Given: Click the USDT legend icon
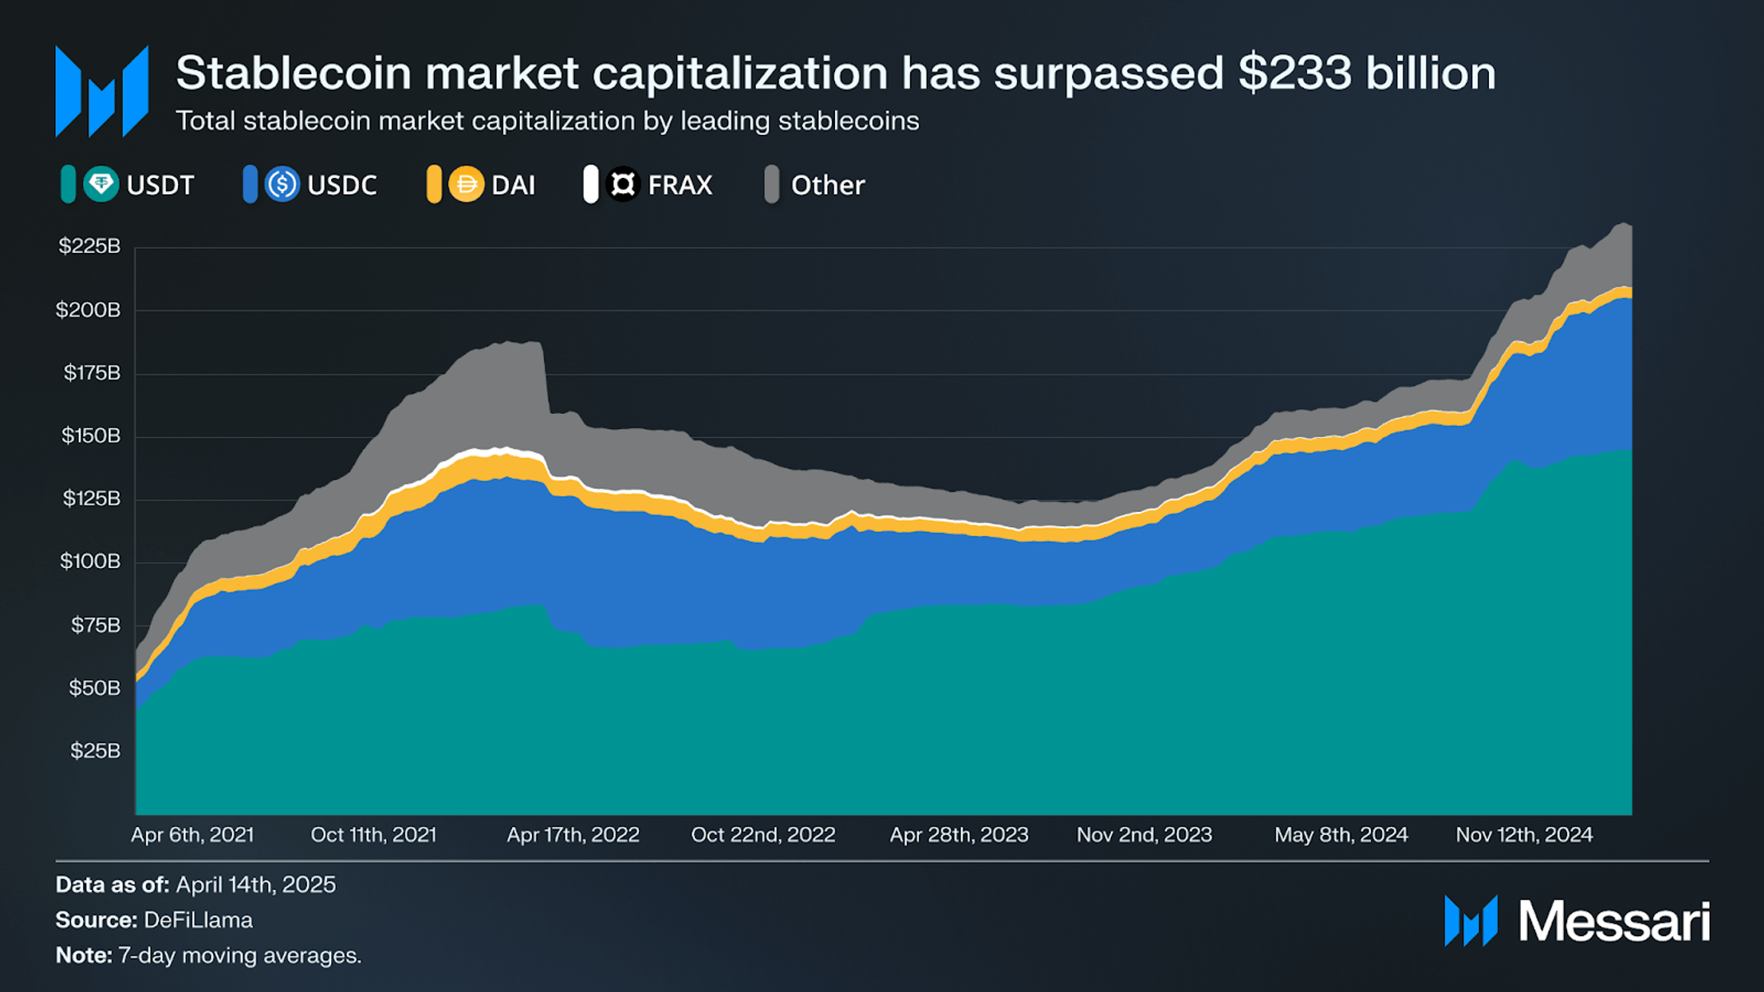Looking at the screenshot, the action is [x=101, y=184].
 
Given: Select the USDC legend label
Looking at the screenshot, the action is [x=342, y=185].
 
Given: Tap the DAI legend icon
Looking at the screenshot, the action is [x=466, y=184].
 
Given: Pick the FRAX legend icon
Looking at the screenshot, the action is [x=623, y=184].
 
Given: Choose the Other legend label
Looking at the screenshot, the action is [x=828, y=185].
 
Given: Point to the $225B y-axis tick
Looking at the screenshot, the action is [x=90, y=246].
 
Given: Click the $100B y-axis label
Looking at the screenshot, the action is [x=90, y=561].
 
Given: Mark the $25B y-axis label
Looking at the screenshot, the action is [x=96, y=751].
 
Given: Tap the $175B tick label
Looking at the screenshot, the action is [x=92, y=373].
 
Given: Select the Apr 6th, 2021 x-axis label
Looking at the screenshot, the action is [x=193, y=835].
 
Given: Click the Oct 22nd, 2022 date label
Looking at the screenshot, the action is [x=763, y=835].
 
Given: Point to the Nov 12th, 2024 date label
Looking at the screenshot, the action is [x=1524, y=835].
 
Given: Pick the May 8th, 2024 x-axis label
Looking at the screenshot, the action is [x=1342, y=835].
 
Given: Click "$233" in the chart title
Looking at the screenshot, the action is [x=1295, y=73].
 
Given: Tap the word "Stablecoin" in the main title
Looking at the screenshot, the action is [x=294, y=73].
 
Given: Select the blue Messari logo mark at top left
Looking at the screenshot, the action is [x=102, y=91].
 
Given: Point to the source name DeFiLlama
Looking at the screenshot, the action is [x=198, y=920].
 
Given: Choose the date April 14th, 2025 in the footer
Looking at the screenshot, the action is [x=256, y=885].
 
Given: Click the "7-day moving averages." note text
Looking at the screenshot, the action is [x=240, y=956].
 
